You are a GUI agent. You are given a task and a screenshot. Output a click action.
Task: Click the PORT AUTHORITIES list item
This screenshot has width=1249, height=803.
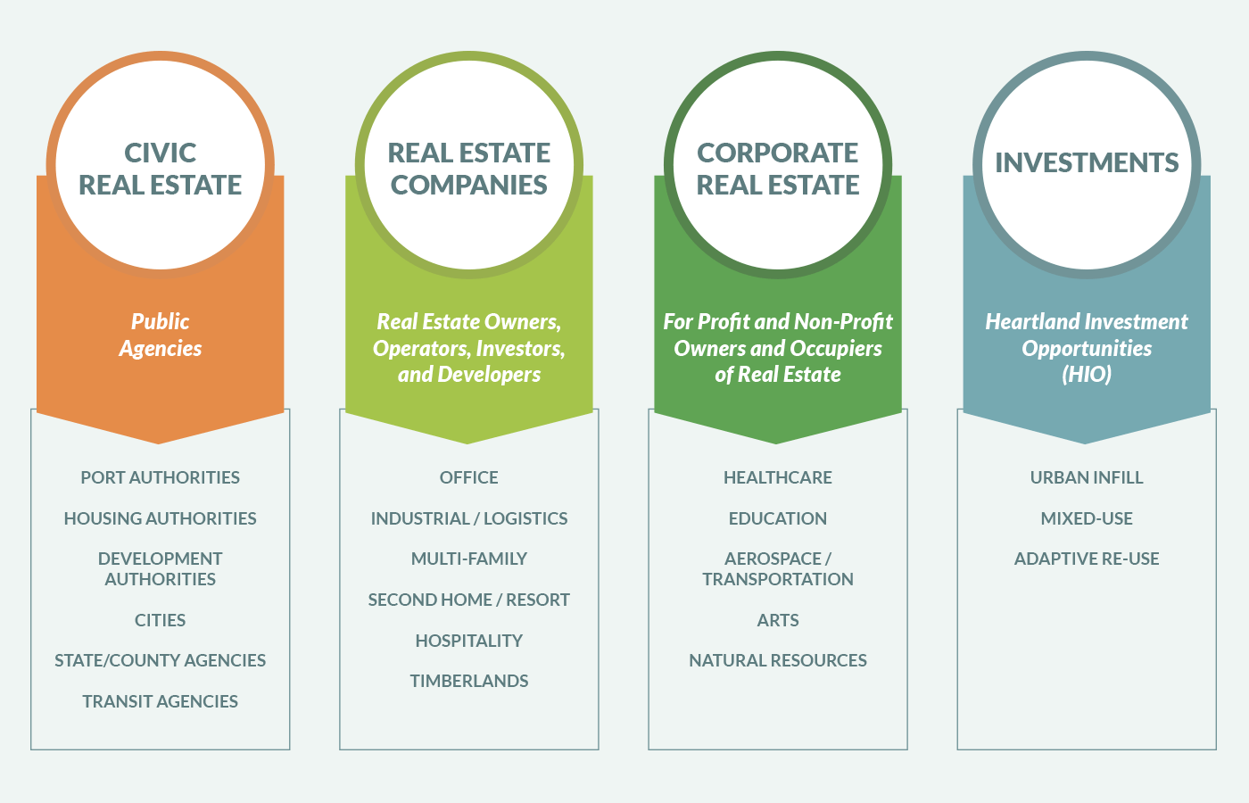click(160, 477)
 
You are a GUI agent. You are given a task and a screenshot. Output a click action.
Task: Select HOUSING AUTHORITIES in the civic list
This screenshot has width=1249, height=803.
click(160, 518)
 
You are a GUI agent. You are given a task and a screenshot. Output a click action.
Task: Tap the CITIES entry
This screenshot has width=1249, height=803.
click(160, 620)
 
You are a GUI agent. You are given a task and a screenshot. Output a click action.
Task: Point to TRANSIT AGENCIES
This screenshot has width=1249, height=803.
click(160, 701)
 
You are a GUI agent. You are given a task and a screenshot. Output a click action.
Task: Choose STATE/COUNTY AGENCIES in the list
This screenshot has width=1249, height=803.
click(160, 660)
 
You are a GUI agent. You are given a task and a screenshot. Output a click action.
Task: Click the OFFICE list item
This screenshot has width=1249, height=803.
click(468, 477)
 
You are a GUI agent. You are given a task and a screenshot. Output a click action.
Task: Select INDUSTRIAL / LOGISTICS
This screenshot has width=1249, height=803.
click(468, 518)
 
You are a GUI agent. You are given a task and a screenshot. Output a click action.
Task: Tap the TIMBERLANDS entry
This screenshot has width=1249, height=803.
click(468, 681)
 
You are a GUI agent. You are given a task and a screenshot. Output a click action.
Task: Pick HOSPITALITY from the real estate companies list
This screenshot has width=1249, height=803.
click(468, 641)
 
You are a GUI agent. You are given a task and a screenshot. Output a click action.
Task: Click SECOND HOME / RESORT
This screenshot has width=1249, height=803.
click(468, 600)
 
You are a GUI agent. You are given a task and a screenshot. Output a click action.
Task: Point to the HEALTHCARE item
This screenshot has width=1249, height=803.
click(777, 477)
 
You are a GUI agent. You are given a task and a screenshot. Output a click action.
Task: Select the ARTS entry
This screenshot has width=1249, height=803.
click(777, 620)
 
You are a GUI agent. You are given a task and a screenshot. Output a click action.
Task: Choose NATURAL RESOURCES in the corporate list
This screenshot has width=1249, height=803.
click(777, 660)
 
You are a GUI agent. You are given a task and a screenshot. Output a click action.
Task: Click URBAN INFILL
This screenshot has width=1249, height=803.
click(1086, 477)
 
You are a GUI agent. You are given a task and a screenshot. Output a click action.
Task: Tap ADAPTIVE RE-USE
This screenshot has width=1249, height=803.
click(1086, 559)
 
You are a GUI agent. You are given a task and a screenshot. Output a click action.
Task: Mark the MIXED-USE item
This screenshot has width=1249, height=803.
click(1086, 518)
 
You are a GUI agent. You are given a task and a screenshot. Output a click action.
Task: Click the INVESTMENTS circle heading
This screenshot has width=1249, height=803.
click(1086, 162)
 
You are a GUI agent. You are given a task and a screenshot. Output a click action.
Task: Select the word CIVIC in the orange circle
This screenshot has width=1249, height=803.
click(160, 153)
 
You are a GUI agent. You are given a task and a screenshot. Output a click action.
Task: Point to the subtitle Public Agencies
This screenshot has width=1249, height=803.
click(160, 335)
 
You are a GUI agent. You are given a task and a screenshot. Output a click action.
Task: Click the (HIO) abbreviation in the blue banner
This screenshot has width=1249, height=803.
click(1086, 374)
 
